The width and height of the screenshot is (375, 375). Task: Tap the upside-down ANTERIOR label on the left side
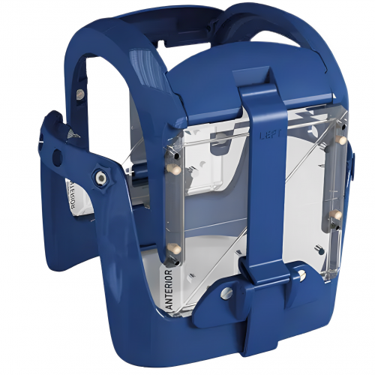point(70,196)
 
